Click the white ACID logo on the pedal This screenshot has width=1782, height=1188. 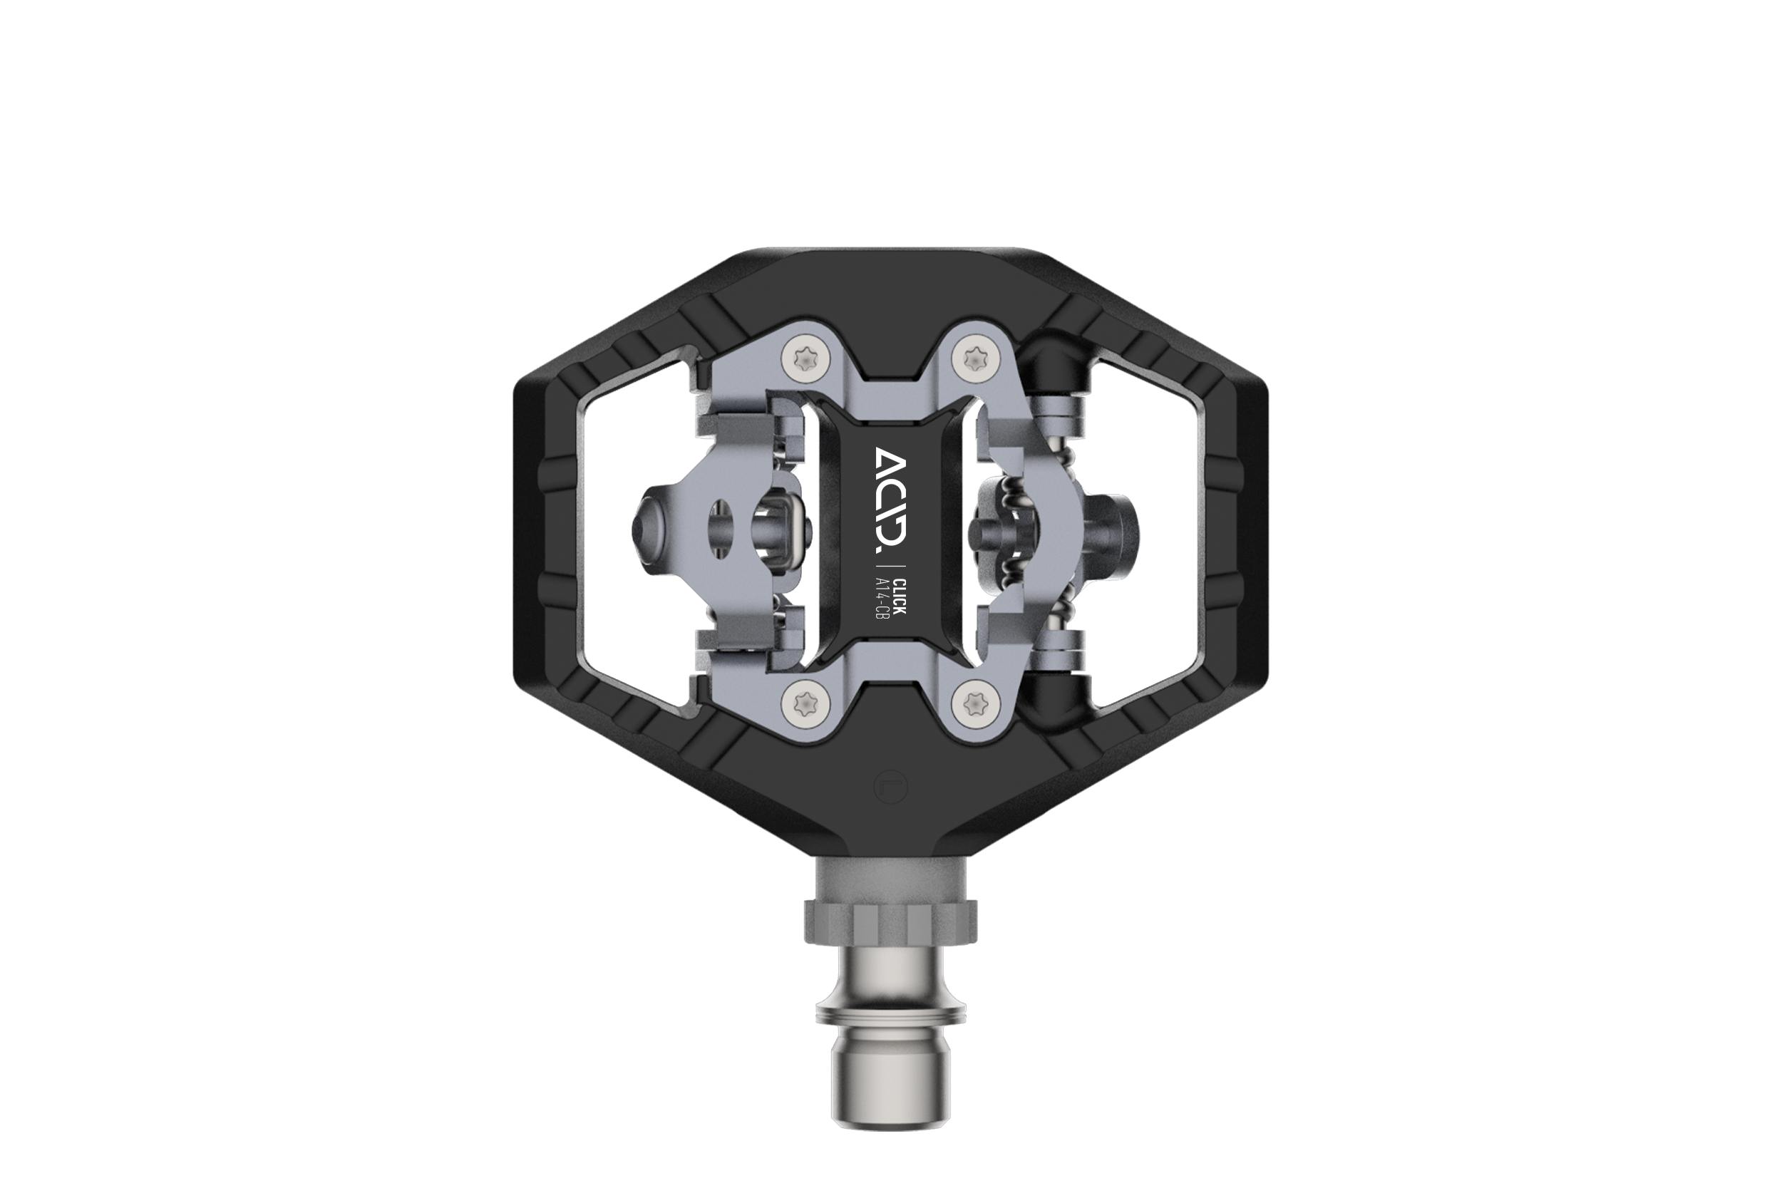[x=890, y=497]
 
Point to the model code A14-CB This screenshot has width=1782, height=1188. [x=881, y=599]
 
